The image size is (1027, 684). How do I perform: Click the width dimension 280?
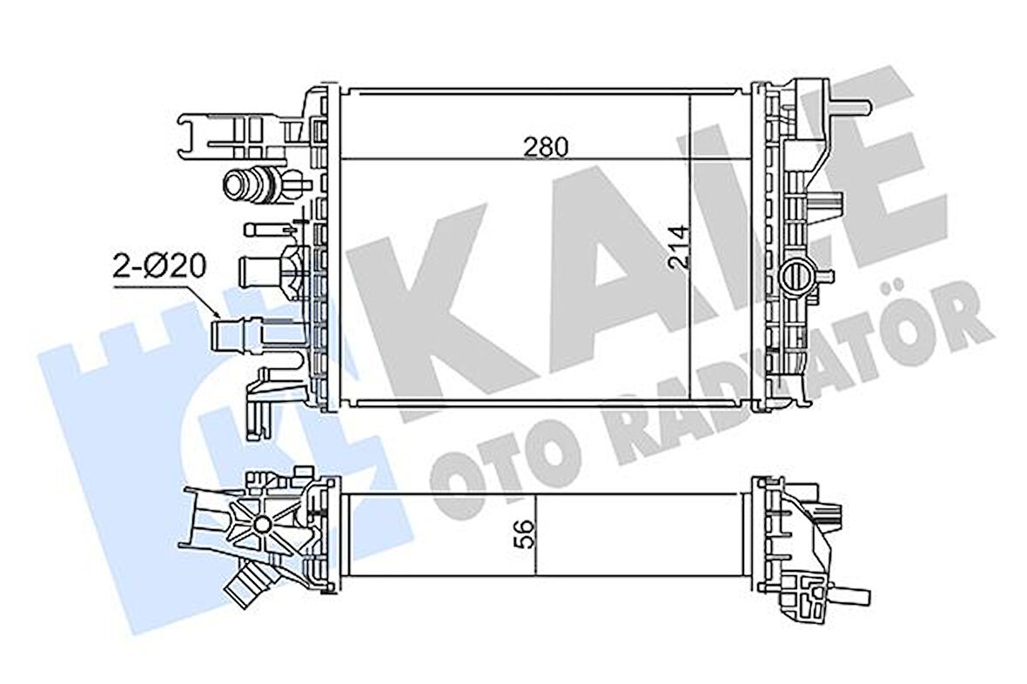(546, 147)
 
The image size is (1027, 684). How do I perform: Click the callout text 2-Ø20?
(160, 265)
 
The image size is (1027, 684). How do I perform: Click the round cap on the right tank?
(795, 277)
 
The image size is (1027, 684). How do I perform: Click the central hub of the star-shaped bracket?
(260, 525)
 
